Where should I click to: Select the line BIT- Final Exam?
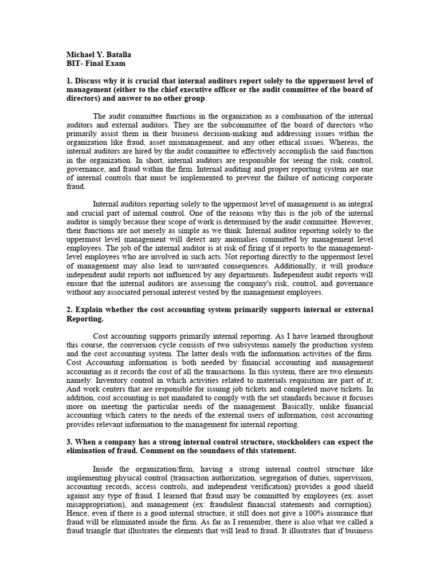pyautogui.click(x=96, y=64)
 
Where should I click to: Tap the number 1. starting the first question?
pyautogui.click(x=69, y=81)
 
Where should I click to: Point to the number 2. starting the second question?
pyautogui.click(x=69, y=310)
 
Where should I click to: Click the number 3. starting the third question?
pyautogui.click(x=69, y=442)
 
